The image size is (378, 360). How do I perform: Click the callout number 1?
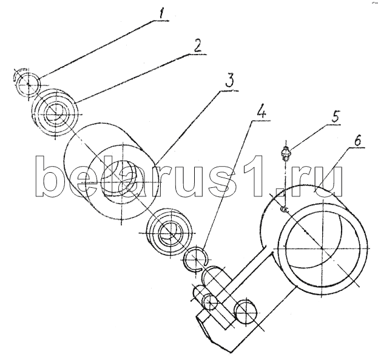click(161, 14)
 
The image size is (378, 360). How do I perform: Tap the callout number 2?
click(198, 46)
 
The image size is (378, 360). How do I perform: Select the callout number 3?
click(229, 81)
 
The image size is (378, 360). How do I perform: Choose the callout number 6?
click(358, 141)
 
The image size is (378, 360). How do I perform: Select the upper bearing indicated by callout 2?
click(55, 113)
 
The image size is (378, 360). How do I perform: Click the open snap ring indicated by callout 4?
click(196, 259)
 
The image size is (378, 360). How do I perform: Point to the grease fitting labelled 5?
click(286, 154)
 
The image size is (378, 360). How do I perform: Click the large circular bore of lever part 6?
click(323, 247)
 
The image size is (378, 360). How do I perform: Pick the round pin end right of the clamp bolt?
click(246, 312)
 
